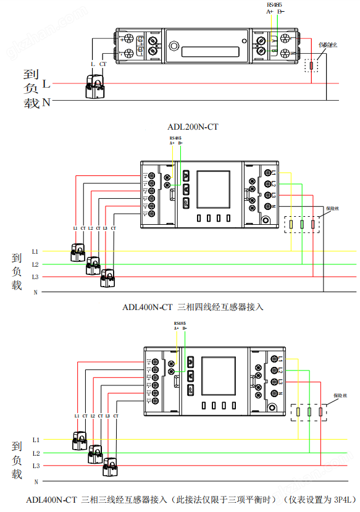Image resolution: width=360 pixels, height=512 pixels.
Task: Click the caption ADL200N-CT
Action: pos(193,127)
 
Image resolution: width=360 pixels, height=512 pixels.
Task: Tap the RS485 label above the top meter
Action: pos(275,4)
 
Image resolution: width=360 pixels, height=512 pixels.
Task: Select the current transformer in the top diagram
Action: pos(96,86)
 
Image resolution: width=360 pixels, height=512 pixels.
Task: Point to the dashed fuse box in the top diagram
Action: pos(312,65)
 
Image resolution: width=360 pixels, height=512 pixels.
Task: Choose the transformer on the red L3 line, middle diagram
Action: pos(107,278)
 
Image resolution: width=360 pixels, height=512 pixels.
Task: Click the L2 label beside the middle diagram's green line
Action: pos(35,264)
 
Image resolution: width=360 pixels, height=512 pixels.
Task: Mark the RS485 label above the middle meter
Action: pos(175,138)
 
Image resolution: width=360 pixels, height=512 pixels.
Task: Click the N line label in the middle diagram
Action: pos(35,292)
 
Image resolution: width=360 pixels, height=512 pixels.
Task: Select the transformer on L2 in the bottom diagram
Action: pos(95,454)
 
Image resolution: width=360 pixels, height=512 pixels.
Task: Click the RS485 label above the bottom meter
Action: pos(180,323)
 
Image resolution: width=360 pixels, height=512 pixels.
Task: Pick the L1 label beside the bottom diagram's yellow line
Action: pos(36,440)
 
